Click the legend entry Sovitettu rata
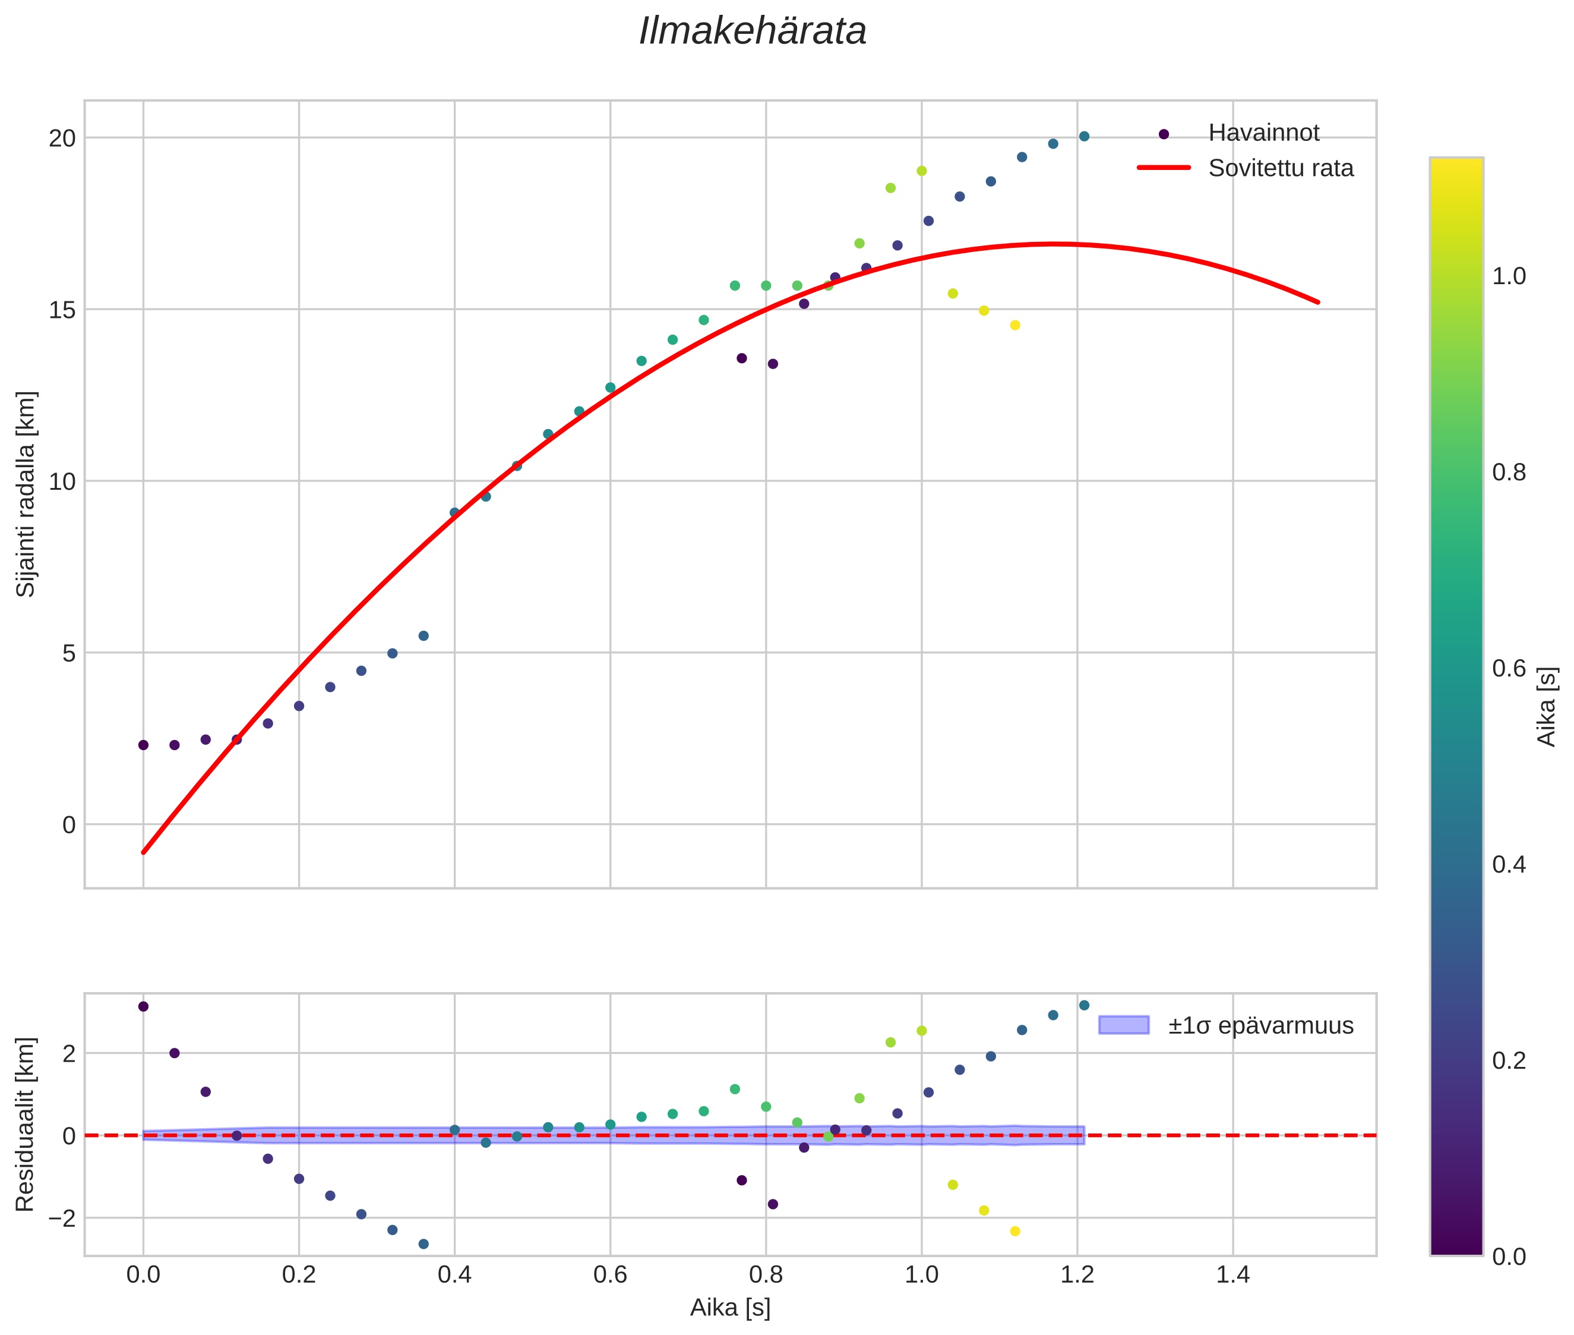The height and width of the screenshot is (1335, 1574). tap(1280, 168)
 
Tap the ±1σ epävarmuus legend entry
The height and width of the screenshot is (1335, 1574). tap(1259, 1025)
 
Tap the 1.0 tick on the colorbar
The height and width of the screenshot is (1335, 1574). tap(1509, 276)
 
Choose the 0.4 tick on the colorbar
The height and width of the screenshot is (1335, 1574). tap(1509, 864)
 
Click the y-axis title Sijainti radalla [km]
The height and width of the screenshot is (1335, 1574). tap(27, 493)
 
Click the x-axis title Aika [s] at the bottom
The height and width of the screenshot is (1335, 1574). tap(730, 1308)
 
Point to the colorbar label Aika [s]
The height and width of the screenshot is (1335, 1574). tap(1547, 706)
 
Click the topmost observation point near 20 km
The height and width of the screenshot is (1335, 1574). tap(1083, 136)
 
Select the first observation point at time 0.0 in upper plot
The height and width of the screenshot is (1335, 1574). tap(143, 745)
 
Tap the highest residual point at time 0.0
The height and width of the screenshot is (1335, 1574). tap(143, 1006)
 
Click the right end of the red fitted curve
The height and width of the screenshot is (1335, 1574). tap(1317, 302)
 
